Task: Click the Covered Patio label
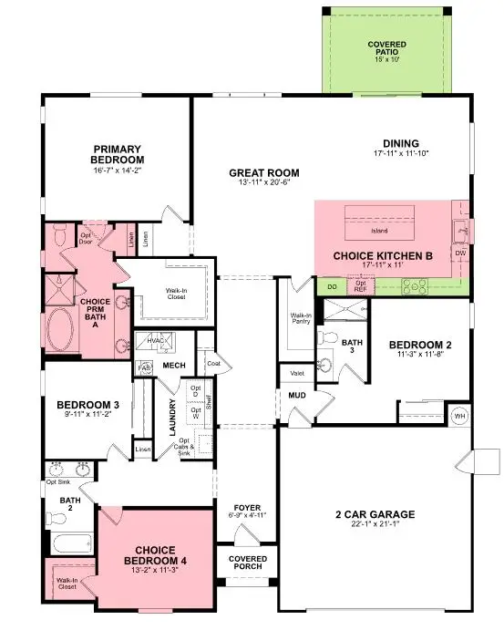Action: [x=387, y=49]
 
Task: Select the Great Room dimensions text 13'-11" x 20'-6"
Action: [x=264, y=183]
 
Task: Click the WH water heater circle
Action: [x=458, y=417]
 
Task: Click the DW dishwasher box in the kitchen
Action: [x=460, y=253]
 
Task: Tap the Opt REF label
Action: [x=361, y=286]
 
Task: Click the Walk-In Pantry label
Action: [x=301, y=318]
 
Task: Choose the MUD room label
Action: [x=297, y=397]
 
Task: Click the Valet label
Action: [x=298, y=373]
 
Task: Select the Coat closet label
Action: [x=213, y=363]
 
